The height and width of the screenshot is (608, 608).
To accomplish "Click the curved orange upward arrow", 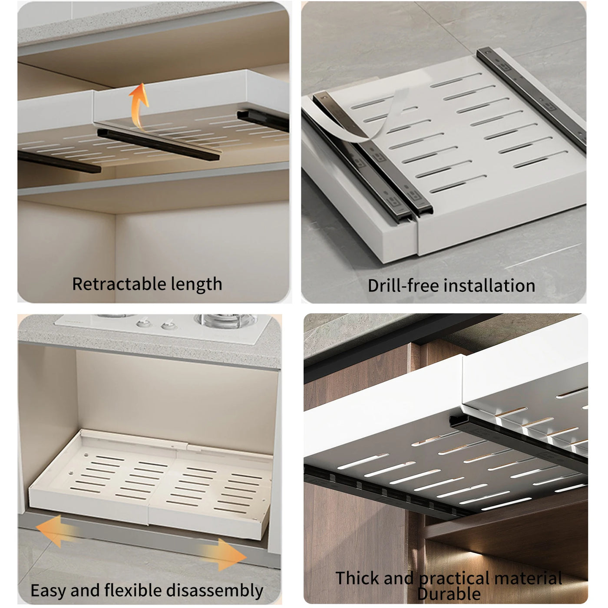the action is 139,106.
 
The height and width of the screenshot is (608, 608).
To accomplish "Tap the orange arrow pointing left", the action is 57,531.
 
